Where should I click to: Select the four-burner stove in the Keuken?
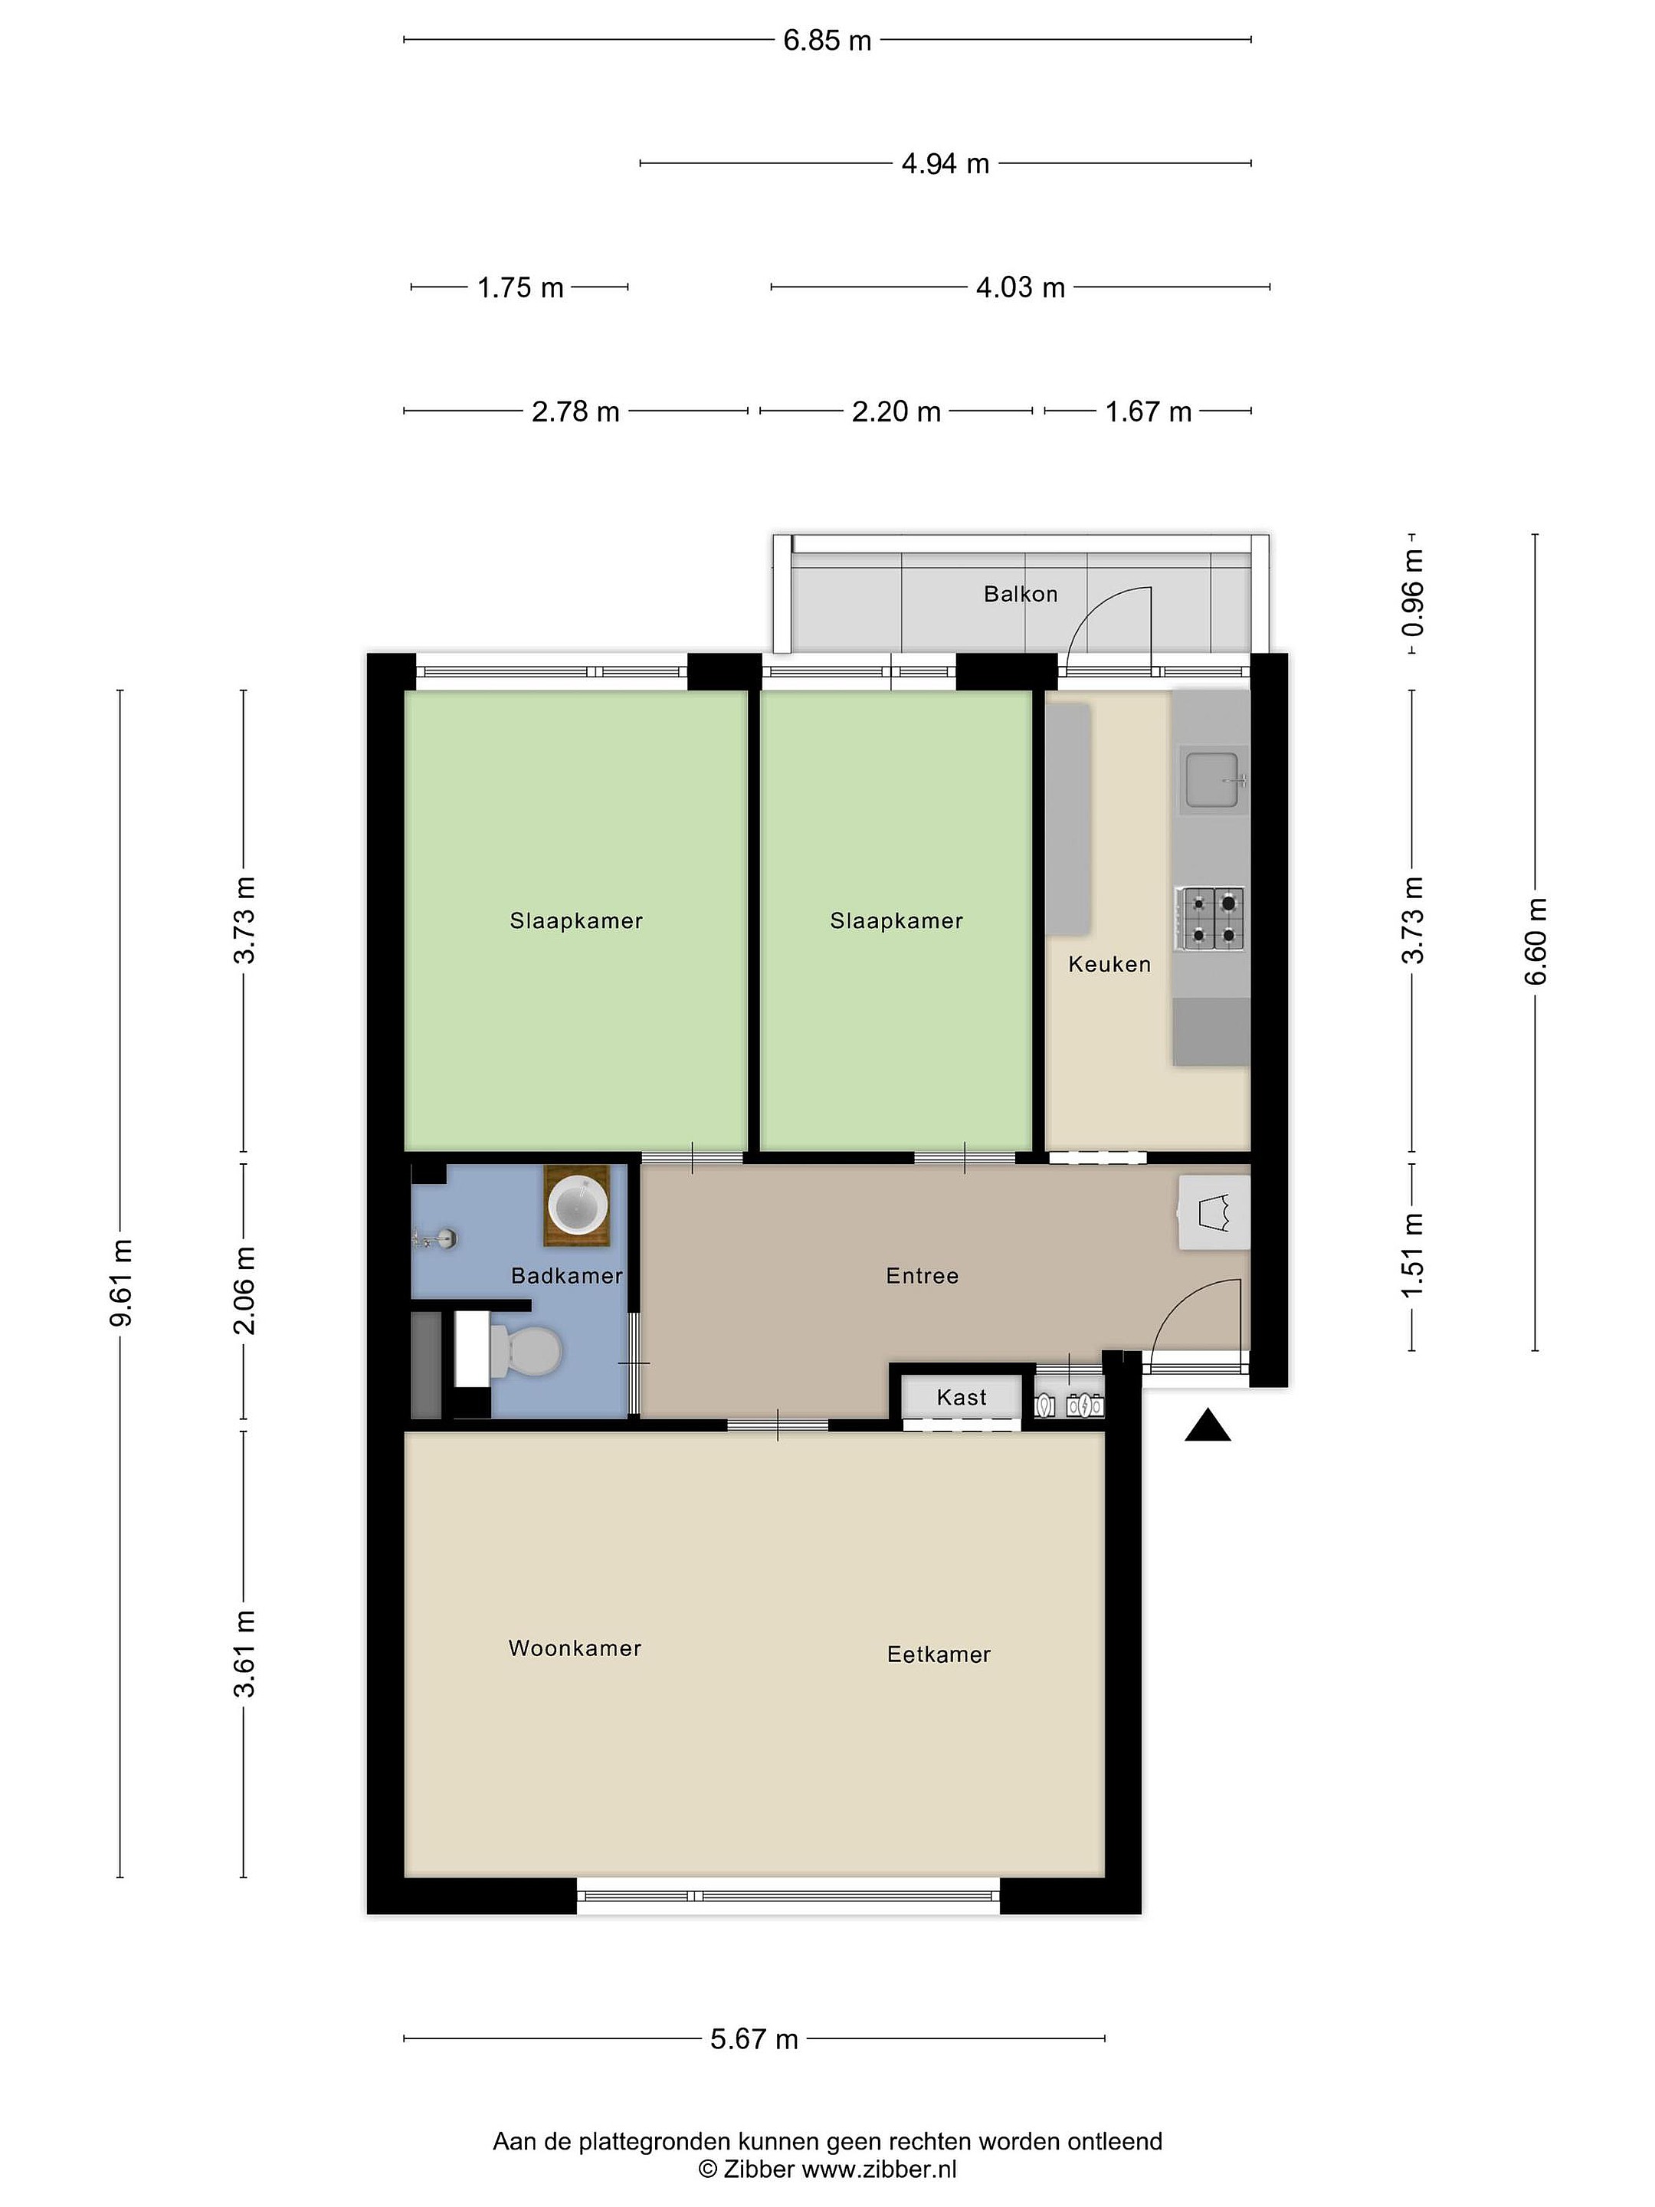pos(1210,918)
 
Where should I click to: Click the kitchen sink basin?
pos(1211,779)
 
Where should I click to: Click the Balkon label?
pos(1021,594)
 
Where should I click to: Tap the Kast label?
pos(962,1398)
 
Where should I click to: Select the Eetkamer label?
pos(939,1654)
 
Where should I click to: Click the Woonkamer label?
pos(575,1648)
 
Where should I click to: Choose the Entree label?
pos(922,1275)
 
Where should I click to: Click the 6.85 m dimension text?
pos(827,41)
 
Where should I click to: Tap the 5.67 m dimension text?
pos(754,2039)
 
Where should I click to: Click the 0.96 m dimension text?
pos(1413,594)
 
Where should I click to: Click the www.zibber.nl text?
pos(879,2169)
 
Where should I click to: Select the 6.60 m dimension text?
pos(1535,942)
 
